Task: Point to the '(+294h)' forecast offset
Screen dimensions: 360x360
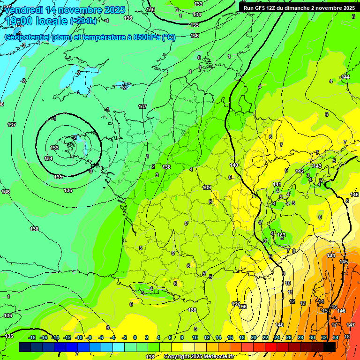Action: tap(83, 21)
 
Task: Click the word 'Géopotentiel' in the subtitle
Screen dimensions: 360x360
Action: tap(28, 37)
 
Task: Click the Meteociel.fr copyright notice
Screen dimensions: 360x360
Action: tap(199, 356)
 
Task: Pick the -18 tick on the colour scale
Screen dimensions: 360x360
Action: tap(32, 337)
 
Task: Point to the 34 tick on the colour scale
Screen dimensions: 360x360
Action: tap(335, 337)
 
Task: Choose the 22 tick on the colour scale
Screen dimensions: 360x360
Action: tap(265, 337)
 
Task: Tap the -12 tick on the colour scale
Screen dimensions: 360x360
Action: tap(67, 337)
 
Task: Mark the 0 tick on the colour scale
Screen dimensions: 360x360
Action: tap(135, 337)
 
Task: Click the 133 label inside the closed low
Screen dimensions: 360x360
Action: tap(54, 148)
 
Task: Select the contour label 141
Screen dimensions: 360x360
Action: tap(277, 184)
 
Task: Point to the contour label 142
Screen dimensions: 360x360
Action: tap(300, 172)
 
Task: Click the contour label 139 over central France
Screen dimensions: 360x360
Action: tap(207, 187)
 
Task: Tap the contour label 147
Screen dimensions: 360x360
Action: tap(350, 325)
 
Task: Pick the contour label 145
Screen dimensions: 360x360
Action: tap(344, 262)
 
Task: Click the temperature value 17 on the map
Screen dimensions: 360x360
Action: tap(335, 325)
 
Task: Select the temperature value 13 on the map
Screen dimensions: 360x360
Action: tap(303, 303)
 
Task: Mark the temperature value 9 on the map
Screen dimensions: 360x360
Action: tap(283, 274)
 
